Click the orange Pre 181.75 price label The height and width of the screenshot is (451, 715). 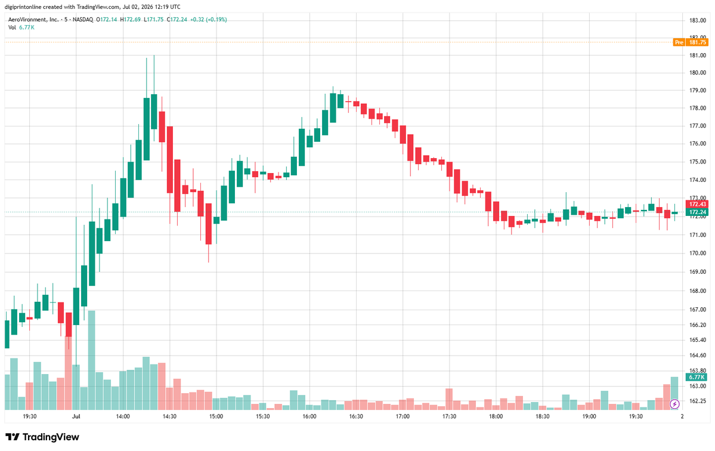[691, 42]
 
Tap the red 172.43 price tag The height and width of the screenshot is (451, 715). [697, 204]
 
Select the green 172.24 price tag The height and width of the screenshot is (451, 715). [697, 212]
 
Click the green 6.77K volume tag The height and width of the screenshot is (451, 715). [697, 377]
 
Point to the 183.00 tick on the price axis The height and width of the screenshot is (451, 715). [698, 20]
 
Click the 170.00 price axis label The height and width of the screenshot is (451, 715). [698, 253]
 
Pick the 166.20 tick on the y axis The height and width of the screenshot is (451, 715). [698, 325]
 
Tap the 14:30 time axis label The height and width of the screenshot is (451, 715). [169, 416]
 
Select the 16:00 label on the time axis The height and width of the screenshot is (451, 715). [309, 416]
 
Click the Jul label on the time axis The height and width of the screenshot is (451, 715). [76, 416]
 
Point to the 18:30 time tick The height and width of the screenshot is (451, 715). [542, 416]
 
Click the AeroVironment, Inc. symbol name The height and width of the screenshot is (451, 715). [33, 20]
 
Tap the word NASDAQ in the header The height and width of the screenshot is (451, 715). [82, 20]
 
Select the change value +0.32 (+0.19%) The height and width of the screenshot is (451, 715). [208, 20]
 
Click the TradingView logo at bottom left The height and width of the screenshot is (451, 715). [42, 437]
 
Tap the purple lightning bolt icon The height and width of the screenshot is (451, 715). [675, 404]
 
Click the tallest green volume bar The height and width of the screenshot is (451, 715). [92, 360]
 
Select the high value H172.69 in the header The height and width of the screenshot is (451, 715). [131, 20]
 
